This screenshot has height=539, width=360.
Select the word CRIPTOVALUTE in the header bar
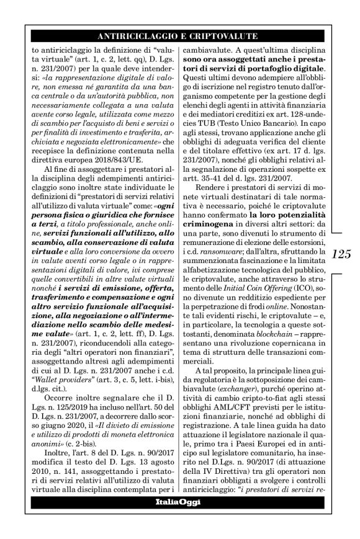(228, 37)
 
